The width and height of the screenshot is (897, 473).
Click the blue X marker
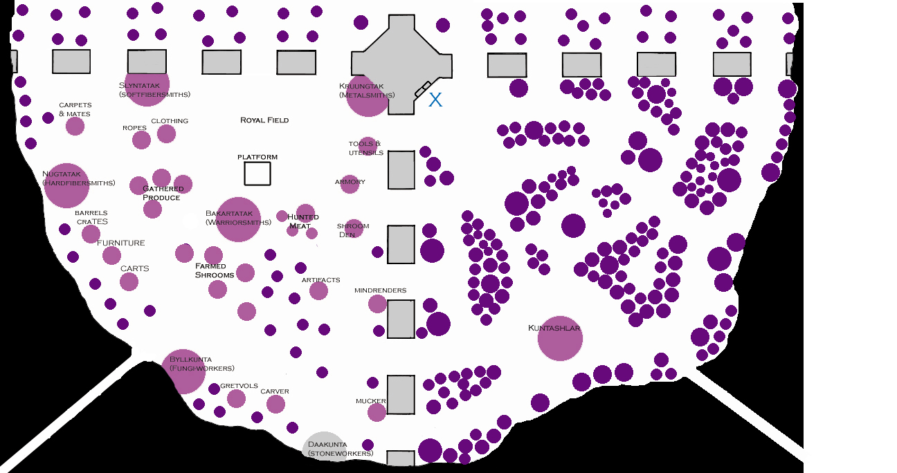tap(435, 100)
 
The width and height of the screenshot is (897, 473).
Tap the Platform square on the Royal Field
tap(257, 173)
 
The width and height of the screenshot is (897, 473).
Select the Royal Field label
tap(264, 120)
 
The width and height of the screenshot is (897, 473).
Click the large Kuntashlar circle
tap(560, 339)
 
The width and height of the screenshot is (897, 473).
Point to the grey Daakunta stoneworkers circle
tap(325, 446)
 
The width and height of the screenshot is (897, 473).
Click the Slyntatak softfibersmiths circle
tap(147, 84)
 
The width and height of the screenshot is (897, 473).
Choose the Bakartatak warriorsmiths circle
tap(238, 219)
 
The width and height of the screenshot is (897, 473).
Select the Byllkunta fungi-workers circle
tap(183, 371)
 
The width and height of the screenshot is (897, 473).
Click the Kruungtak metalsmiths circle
tap(368, 95)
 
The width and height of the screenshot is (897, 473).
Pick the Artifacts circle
tap(318, 290)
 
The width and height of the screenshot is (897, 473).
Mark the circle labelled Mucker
tap(377, 412)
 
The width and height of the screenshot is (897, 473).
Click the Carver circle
tap(275, 404)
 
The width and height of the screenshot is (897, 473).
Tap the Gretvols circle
tap(236, 398)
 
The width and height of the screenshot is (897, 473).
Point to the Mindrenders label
tap(380, 290)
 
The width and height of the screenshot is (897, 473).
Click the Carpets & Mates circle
tap(75, 126)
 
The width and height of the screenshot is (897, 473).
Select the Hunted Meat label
tap(303, 221)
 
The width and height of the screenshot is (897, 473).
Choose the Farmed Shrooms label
tap(214, 270)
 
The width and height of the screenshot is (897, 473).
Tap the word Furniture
tap(121, 243)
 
